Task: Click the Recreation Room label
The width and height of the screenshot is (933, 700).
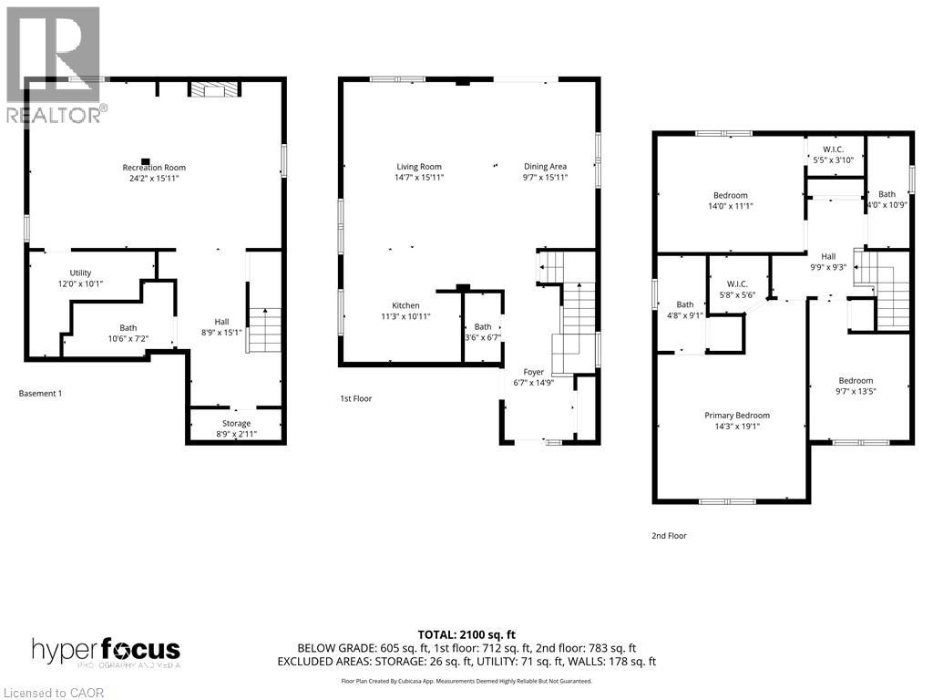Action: pos(154,168)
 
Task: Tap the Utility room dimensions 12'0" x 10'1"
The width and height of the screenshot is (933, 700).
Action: pos(80,283)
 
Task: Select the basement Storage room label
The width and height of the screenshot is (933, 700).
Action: pos(236,423)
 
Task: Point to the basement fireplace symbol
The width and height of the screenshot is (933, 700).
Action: pos(213,88)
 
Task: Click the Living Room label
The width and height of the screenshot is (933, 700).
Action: pos(419,167)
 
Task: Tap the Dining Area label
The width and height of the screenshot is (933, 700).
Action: pos(545,167)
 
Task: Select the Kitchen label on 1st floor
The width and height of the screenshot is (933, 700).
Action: pos(405,305)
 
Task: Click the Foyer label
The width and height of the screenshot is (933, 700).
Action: pos(533,372)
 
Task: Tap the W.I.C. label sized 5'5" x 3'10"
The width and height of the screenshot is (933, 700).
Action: pos(833,149)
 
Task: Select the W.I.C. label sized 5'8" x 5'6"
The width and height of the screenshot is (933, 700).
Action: pos(737,283)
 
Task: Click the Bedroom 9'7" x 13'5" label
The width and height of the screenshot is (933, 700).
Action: pos(856,381)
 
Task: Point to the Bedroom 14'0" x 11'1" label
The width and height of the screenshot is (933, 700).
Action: pos(730,196)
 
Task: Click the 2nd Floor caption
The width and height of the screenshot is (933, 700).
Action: pos(669,536)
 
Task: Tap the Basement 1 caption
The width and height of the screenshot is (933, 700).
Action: pos(40,394)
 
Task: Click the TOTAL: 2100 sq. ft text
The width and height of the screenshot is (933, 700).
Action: pos(466,634)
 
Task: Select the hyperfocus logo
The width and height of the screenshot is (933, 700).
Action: pos(106,651)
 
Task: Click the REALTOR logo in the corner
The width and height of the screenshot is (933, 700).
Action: pos(53,64)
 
